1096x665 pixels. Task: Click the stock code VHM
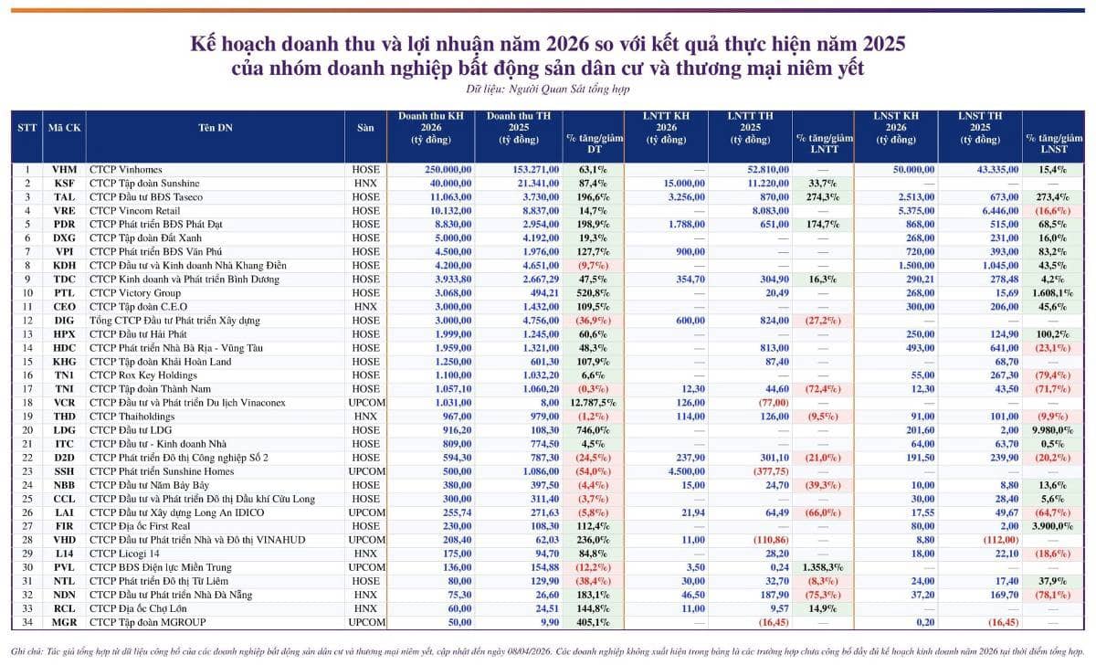pos(64,169)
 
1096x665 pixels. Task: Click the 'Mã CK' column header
pos(64,128)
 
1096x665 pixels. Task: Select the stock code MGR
pos(64,622)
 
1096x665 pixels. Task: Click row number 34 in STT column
pos(27,622)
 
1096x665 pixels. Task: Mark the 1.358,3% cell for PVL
pos(819,567)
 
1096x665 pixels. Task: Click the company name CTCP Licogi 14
pos(124,554)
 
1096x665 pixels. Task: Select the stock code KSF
pos(64,183)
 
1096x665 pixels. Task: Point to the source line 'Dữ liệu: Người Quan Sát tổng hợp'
pos(548,90)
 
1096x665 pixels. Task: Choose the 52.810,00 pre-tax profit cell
pos(764,169)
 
